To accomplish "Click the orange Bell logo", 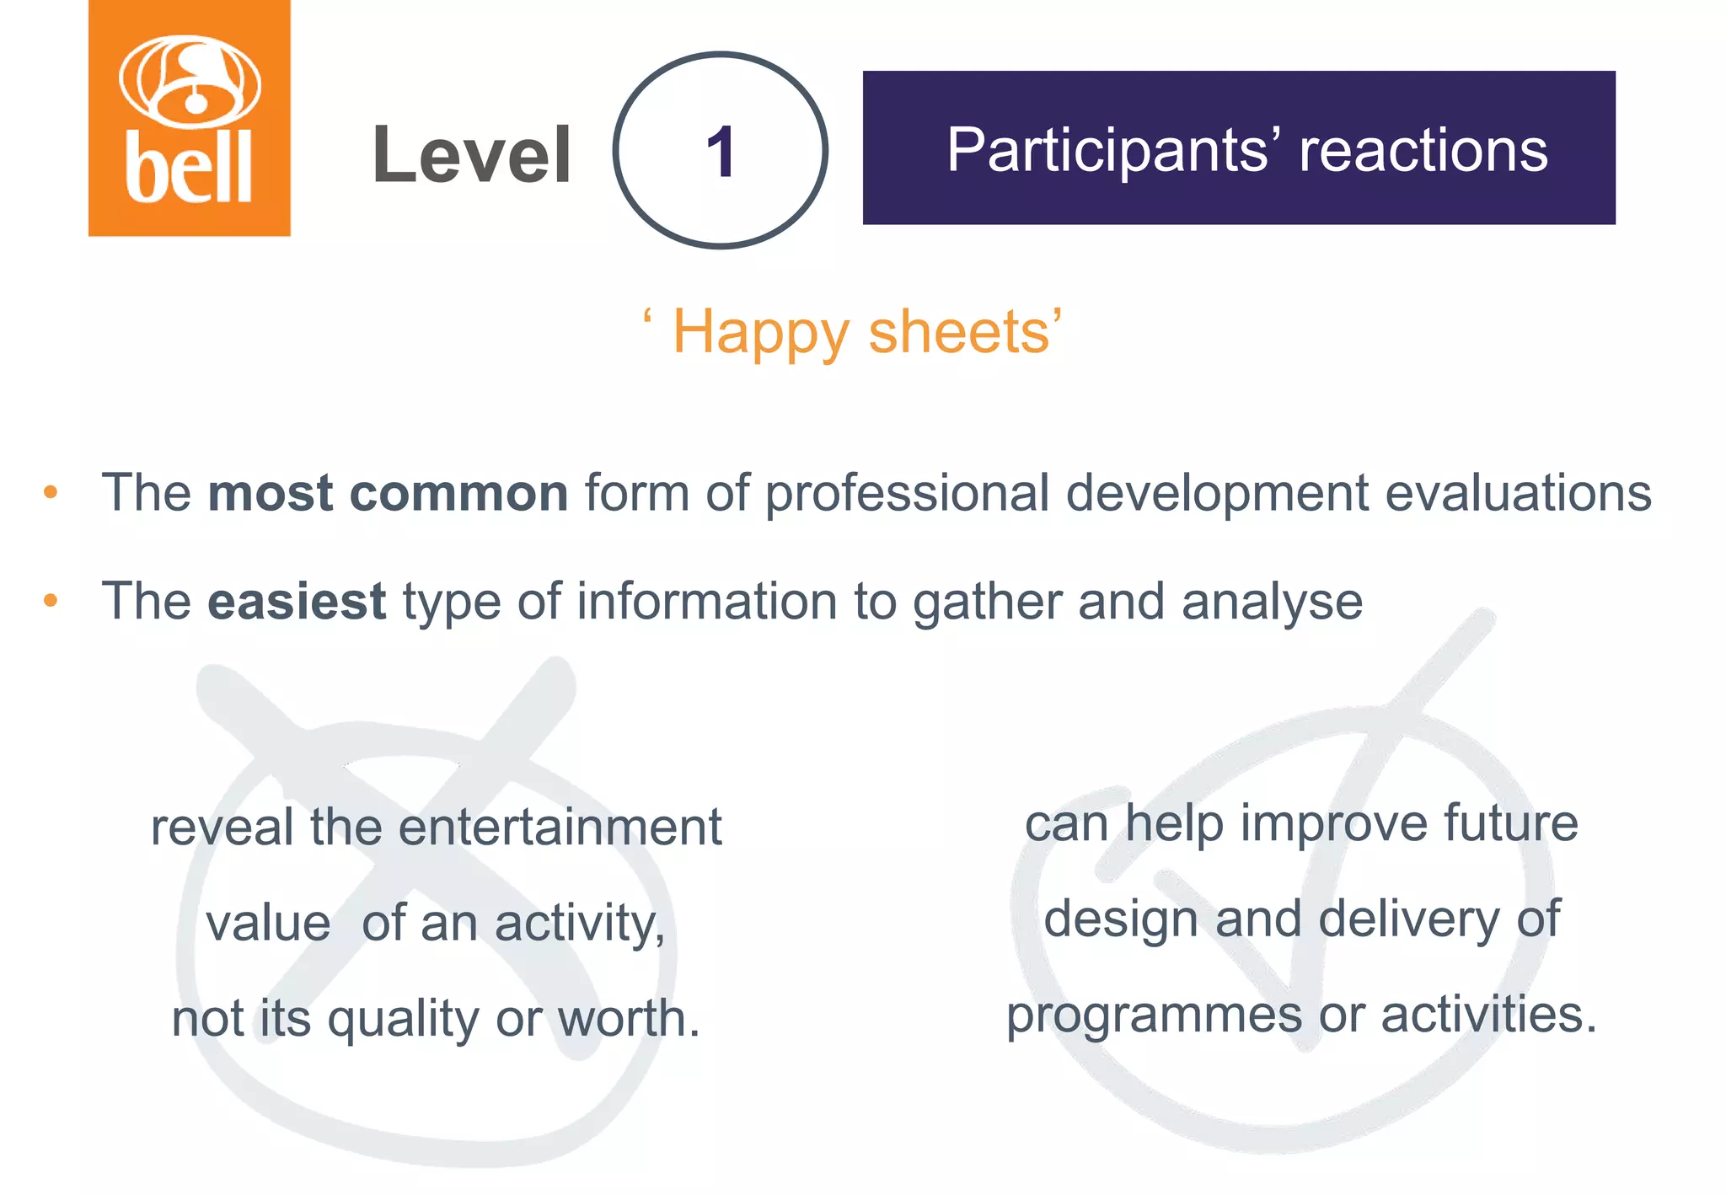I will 190,118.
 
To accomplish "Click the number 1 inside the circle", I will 721,152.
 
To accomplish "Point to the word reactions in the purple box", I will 1423,150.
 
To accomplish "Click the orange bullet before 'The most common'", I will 51,492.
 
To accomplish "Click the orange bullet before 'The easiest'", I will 51,601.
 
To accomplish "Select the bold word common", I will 459,492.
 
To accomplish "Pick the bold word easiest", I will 297,601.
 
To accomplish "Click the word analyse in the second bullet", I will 1272,603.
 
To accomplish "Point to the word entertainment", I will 560,827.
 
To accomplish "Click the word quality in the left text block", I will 404,1020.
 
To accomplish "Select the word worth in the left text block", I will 628,1018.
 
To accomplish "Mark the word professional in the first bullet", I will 907,494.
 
